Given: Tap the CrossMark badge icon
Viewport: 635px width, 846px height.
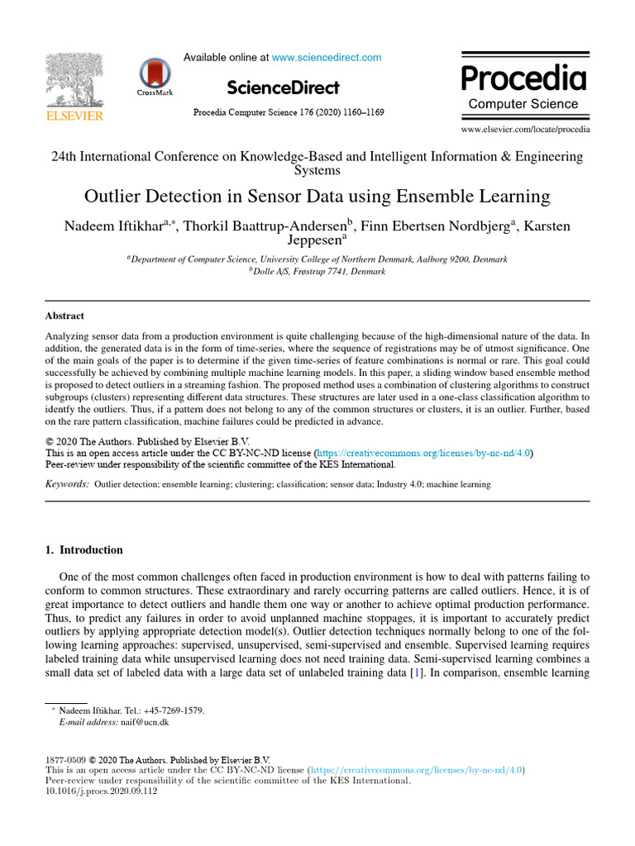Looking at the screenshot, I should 155,77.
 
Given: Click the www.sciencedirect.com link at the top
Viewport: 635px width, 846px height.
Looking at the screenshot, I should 327,58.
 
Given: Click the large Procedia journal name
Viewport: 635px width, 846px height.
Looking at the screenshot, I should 523,79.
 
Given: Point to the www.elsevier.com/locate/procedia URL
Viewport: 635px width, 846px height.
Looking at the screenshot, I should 525,130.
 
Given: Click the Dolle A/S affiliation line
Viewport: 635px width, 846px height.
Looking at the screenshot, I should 317,271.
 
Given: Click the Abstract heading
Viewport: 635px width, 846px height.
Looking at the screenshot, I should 64,316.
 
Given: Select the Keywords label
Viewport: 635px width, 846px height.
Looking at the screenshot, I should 67,484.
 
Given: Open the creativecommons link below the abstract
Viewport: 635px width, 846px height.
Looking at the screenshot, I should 423,453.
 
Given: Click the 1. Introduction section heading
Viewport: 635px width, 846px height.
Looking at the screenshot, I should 84,550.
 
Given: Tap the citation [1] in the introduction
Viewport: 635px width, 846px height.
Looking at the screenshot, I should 415,673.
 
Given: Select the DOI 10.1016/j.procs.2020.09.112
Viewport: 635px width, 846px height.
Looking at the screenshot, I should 101,791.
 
